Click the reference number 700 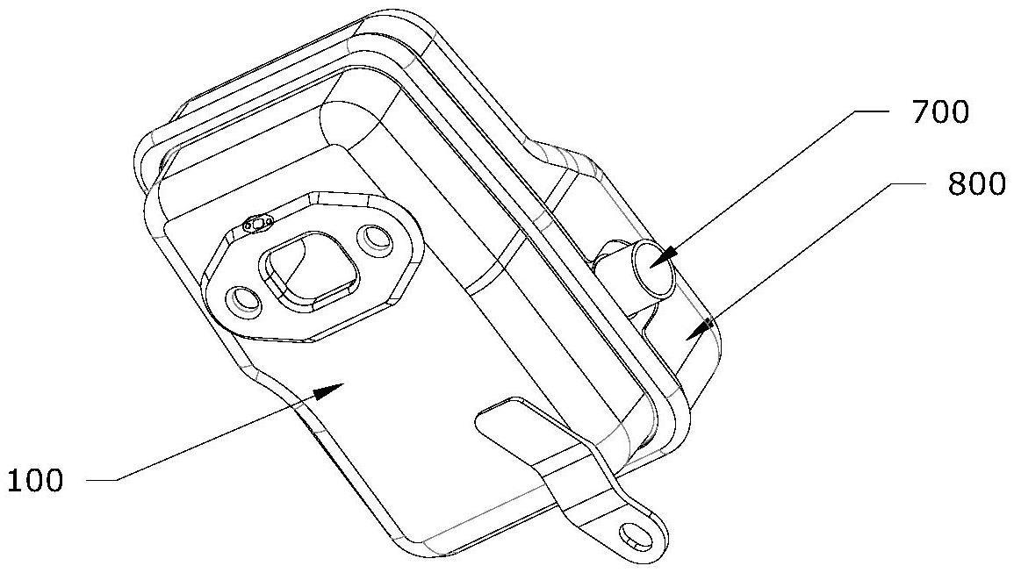click(x=938, y=113)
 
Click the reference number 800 click(x=975, y=185)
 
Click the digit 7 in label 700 click(x=918, y=113)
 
